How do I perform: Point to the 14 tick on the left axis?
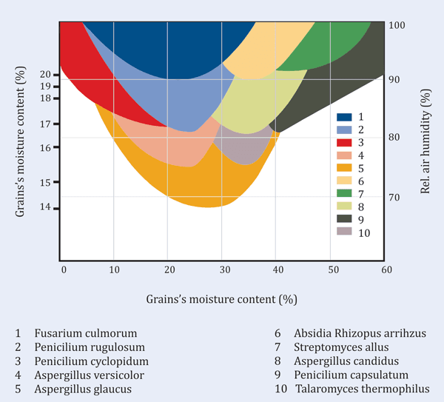[46, 207]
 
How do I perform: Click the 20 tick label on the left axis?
[46, 74]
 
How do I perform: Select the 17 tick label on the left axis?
[46, 124]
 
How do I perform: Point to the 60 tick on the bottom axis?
[386, 270]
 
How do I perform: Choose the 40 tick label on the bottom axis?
[276, 270]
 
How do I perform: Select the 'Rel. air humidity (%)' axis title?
[425, 141]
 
